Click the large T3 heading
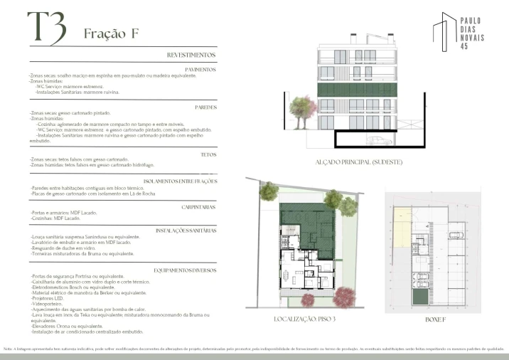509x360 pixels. (x=46, y=28)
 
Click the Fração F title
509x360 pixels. (x=110, y=33)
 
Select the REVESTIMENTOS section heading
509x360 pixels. (x=191, y=55)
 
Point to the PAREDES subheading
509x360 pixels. (x=205, y=107)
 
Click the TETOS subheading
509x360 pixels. (x=208, y=154)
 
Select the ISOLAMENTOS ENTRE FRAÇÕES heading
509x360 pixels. (x=180, y=181)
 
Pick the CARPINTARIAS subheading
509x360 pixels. (x=198, y=206)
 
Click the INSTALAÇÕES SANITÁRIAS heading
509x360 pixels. (x=186, y=231)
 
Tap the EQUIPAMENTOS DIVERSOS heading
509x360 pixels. (x=185, y=270)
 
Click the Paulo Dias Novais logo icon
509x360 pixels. (x=446, y=32)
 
